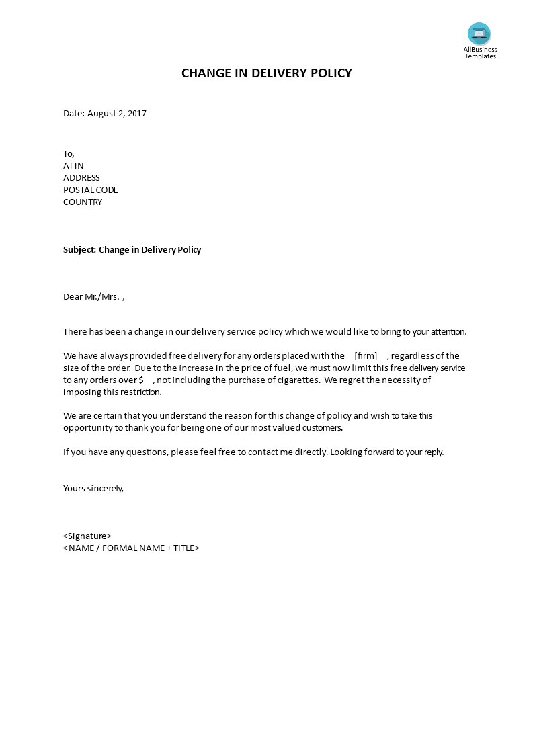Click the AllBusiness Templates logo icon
479,34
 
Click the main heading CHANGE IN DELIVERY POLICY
266,73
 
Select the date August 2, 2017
117,113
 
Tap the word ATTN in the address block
73,165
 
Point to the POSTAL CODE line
91,190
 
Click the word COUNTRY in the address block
83,202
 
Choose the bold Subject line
132,249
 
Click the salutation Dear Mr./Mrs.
91,296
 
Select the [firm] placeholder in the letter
366,355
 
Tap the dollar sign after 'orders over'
141,380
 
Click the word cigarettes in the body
295,380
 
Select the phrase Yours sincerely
93,488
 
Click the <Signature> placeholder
87,536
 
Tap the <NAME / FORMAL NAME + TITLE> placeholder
131,548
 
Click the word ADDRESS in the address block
81,177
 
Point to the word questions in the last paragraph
146,452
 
